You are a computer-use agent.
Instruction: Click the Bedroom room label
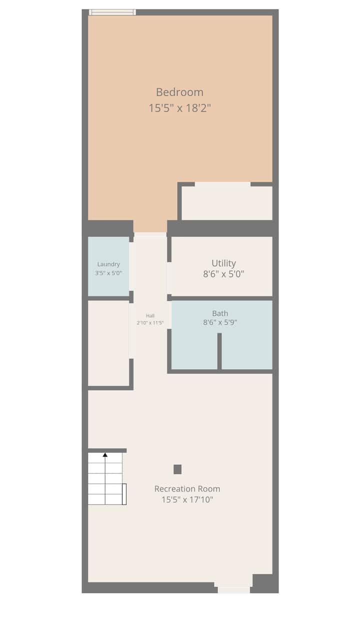(179, 92)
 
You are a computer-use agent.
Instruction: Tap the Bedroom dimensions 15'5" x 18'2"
(180, 108)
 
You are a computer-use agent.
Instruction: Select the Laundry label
(108, 264)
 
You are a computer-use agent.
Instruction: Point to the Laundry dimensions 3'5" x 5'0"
(108, 273)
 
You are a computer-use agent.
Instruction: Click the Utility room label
(223, 263)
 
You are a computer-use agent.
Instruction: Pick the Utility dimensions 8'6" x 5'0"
(223, 274)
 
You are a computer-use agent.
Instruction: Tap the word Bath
(220, 313)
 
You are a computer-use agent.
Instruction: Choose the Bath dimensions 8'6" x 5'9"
(220, 322)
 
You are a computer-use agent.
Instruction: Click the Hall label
(150, 316)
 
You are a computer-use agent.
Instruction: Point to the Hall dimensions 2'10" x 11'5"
(150, 323)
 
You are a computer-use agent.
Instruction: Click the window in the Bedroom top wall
(112, 12)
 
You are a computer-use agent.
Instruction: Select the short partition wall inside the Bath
(219, 351)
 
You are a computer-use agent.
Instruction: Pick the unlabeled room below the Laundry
(108, 343)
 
